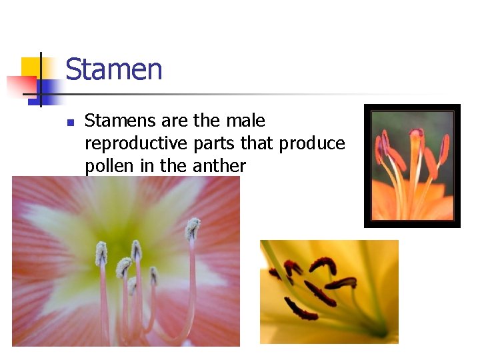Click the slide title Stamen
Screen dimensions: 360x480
[x=114, y=69]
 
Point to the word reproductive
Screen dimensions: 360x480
[x=137, y=143]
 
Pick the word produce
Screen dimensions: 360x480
[x=312, y=143]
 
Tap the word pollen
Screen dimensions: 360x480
[x=110, y=166]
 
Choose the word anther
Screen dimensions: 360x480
[x=219, y=166]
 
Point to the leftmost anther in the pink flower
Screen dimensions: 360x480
[x=101, y=253]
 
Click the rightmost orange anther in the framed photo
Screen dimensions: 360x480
[x=444, y=148]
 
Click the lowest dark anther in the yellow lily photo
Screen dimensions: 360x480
[x=301, y=309]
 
